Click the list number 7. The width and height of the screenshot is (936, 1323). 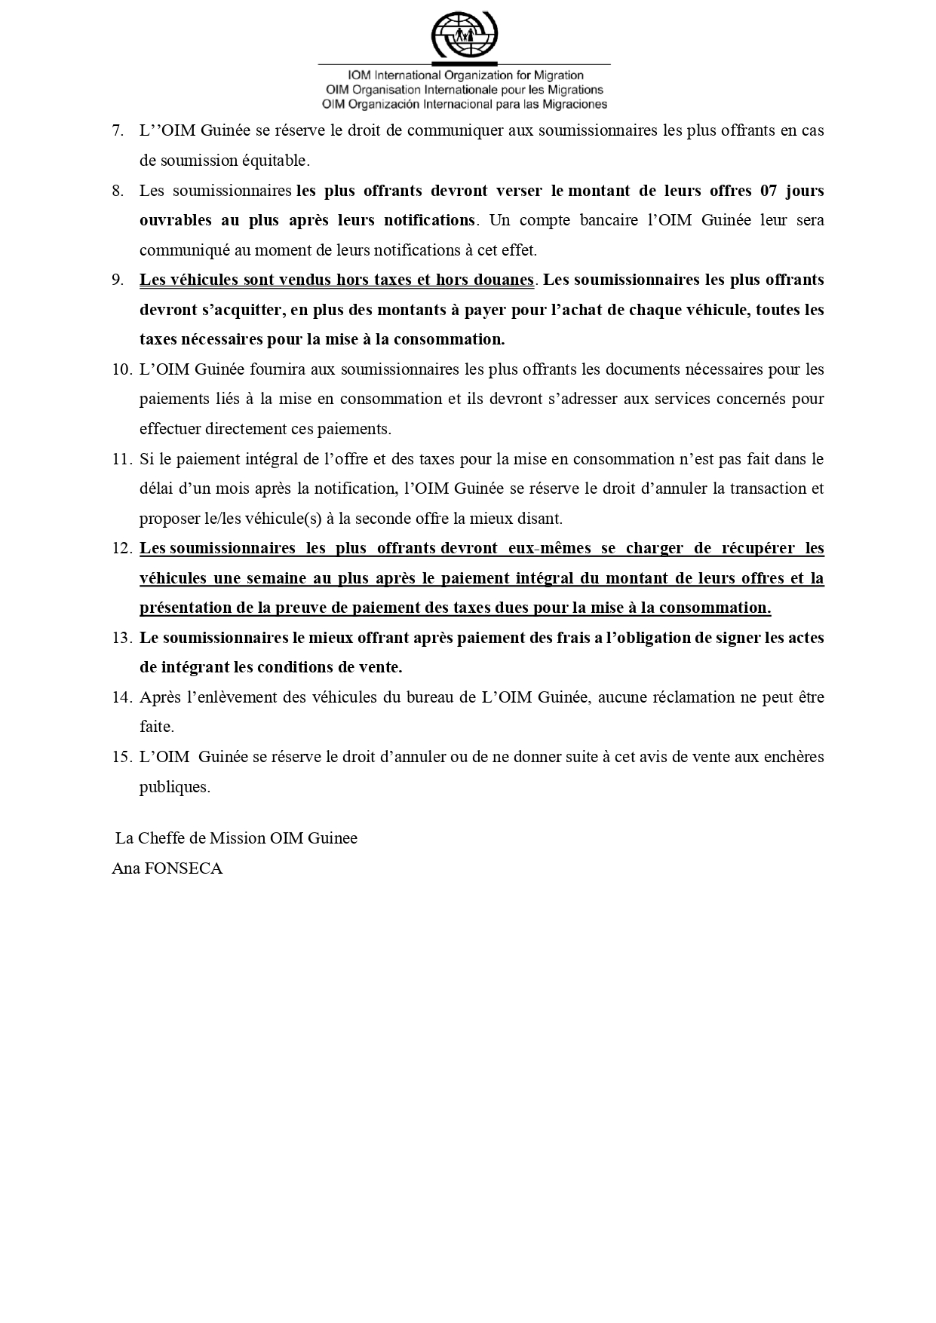(x=117, y=130)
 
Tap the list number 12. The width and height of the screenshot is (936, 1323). (x=121, y=548)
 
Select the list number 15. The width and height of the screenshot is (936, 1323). (x=121, y=757)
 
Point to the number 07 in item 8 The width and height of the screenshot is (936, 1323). (x=768, y=191)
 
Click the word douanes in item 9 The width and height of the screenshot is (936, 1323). (x=500, y=280)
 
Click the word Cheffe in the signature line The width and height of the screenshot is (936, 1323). (x=161, y=838)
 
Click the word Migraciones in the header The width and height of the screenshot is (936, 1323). (x=571, y=104)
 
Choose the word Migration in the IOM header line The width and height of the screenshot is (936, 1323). (x=558, y=75)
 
